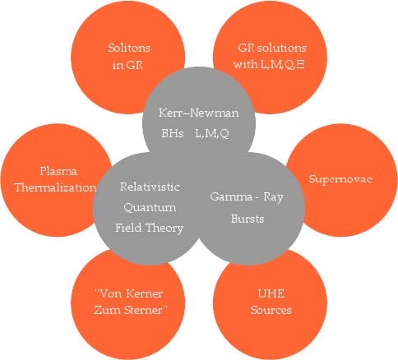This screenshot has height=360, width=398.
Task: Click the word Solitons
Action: [129, 48]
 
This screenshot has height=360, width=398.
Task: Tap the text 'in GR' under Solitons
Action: [127, 65]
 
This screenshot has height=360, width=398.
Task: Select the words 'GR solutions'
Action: [272, 48]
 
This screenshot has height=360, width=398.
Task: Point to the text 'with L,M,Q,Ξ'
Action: [269, 64]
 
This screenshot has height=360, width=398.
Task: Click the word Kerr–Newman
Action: [199, 113]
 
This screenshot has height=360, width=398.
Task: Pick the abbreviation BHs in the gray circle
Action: [173, 133]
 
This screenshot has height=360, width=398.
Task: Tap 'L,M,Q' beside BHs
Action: [212, 133]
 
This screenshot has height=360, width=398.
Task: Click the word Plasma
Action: [58, 171]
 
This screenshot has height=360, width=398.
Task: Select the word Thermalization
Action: [55, 187]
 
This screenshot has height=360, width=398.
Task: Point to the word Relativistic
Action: [150, 187]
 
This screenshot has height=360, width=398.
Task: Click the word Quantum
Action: [150, 207]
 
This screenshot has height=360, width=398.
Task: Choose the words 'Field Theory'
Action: [149, 228]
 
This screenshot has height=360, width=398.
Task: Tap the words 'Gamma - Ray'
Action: [247, 197]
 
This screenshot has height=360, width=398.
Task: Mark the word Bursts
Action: [248, 219]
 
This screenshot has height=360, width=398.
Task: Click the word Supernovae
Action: [340, 179]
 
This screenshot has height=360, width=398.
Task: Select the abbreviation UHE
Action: [271, 293]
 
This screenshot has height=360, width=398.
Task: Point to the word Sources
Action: [271, 310]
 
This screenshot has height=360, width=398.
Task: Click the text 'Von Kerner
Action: [128, 293]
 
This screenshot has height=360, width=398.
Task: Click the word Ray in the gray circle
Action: [273, 197]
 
